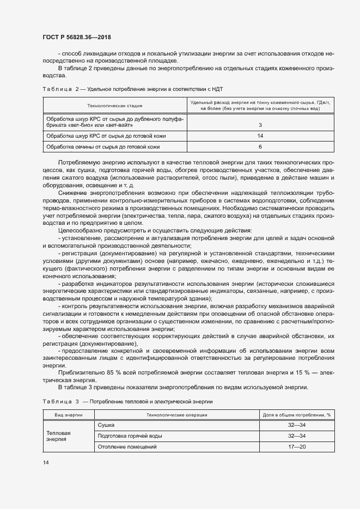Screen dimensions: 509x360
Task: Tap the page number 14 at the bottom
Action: coord(45,462)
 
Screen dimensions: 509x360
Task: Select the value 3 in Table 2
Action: coord(260,125)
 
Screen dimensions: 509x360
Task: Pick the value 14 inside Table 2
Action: coord(260,136)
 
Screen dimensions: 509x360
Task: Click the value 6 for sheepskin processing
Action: coord(260,146)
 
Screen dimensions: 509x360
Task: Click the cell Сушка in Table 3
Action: coord(106,425)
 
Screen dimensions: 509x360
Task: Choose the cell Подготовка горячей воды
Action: coord(129,436)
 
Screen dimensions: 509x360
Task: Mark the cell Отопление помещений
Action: coord(126,447)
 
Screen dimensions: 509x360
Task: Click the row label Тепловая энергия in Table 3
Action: coord(59,436)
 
